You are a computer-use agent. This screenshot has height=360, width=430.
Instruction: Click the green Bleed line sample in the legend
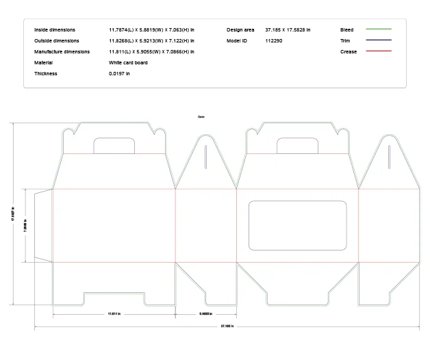[x=378, y=29]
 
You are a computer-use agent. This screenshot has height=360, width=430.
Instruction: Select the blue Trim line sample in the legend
[x=378, y=40]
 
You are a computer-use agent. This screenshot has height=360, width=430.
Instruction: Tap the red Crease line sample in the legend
[x=378, y=51]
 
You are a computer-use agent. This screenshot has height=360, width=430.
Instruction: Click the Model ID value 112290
[x=274, y=41]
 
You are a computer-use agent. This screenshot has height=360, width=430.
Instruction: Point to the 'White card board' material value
[x=128, y=62]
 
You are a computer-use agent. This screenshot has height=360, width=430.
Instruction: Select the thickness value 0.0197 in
[x=119, y=73]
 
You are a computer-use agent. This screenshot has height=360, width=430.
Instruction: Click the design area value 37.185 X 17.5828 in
[x=288, y=30]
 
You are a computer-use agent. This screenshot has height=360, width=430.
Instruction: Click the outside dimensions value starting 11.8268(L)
[x=151, y=41]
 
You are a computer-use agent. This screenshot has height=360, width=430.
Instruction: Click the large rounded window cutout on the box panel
[x=298, y=225]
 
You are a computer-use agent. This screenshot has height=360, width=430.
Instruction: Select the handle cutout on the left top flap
[x=114, y=146]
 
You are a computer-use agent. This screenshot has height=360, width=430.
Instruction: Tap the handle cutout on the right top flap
[x=297, y=146]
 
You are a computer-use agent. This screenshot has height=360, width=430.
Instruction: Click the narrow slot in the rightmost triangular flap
[x=389, y=157]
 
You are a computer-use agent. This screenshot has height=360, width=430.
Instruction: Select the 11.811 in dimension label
[x=114, y=314]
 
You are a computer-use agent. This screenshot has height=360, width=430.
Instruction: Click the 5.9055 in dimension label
[x=205, y=314]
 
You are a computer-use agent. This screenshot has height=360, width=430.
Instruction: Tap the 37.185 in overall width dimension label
[x=227, y=326]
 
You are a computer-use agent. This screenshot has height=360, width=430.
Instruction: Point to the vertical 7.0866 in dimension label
[x=25, y=225]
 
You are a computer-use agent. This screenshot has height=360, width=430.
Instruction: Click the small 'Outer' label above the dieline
[x=201, y=117]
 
